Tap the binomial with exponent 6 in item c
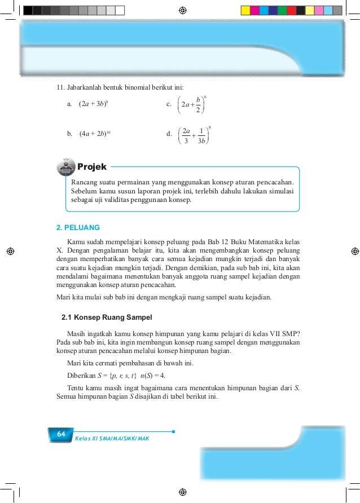click(192, 104)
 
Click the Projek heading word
click(91, 167)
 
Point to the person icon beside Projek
click(67, 167)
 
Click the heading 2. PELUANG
click(78, 228)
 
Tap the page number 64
click(60, 434)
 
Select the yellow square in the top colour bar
click(245, 10)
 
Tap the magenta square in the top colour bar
click(254, 10)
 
